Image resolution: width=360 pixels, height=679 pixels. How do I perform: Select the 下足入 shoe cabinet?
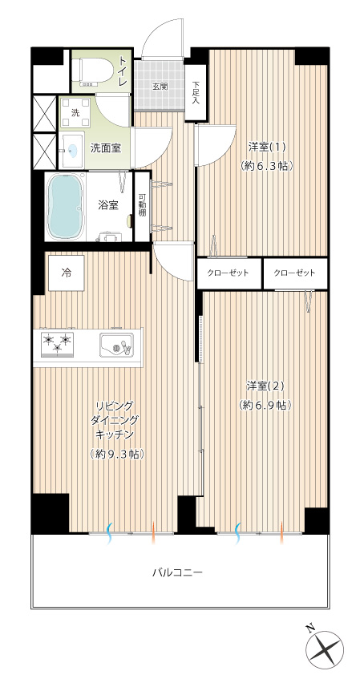click(196, 93)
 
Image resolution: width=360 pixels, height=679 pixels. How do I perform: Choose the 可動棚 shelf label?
click(142, 206)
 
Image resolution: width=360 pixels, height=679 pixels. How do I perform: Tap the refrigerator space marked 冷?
click(66, 273)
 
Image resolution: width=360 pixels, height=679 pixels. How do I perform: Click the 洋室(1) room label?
click(267, 147)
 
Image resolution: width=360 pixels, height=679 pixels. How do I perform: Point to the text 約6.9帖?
click(265, 405)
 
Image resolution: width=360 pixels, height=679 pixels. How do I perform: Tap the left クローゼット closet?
click(229, 273)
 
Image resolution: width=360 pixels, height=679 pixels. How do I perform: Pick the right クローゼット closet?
click(295, 273)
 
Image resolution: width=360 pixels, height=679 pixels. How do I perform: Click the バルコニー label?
click(177, 573)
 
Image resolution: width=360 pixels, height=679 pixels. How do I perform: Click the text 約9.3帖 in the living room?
click(117, 454)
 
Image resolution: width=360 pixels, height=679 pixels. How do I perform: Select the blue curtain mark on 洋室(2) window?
click(237, 532)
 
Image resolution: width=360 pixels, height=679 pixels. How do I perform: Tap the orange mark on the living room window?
click(153, 532)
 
